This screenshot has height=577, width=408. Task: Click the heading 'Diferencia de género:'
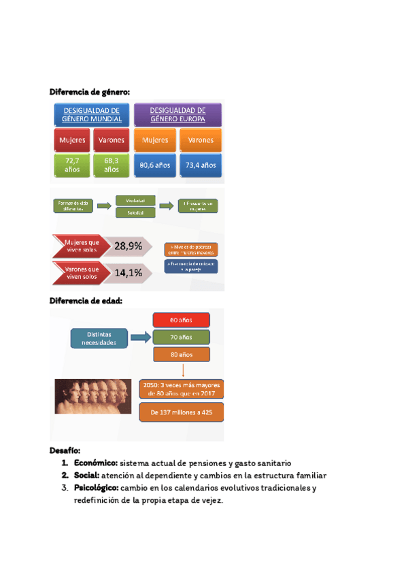click(x=90, y=92)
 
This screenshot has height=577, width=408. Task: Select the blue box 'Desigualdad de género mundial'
click(x=92, y=114)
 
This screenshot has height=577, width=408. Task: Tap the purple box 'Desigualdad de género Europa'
click(x=177, y=114)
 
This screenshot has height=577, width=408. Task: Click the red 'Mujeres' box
click(x=72, y=140)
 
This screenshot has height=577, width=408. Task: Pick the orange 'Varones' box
click(x=200, y=140)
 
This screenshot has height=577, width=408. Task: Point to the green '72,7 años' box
click(x=72, y=165)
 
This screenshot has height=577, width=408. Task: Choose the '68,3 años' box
click(x=111, y=165)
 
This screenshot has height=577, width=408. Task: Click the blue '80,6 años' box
click(x=155, y=165)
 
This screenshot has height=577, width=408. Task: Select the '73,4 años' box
click(x=200, y=165)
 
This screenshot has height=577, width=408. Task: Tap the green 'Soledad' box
click(x=135, y=213)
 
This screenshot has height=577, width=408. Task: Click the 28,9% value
click(x=129, y=246)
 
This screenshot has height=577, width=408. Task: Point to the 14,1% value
click(x=129, y=273)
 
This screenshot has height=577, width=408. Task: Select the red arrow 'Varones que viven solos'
click(x=81, y=273)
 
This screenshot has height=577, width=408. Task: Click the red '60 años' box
click(x=181, y=319)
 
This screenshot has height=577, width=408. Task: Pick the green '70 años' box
click(x=181, y=337)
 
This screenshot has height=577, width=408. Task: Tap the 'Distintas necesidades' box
click(x=101, y=338)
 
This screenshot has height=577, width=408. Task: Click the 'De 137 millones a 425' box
click(x=180, y=412)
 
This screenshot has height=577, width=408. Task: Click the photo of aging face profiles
click(x=93, y=395)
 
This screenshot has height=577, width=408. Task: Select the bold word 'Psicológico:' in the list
click(x=96, y=488)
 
